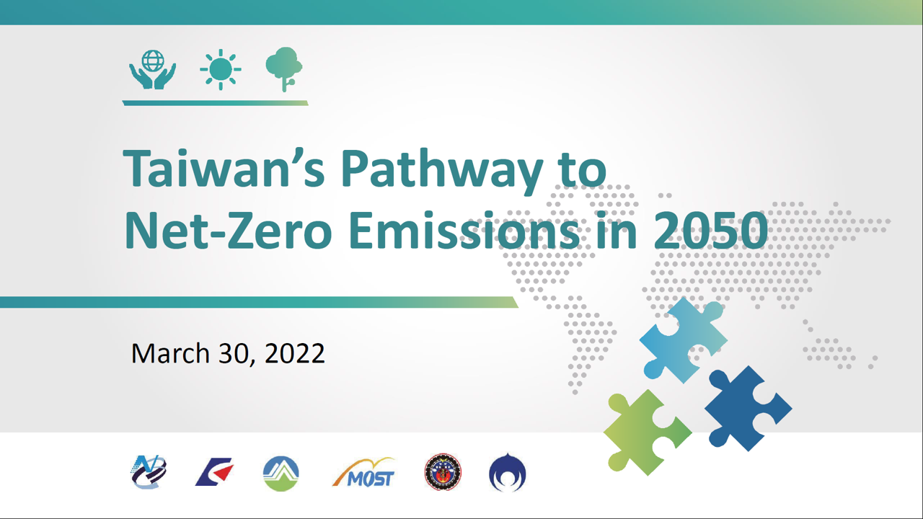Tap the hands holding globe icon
[152, 70]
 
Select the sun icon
[220, 70]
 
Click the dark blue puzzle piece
[746, 408]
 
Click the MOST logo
[364, 473]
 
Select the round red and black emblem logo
[443, 473]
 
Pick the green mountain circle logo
[281, 473]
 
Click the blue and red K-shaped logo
[214, 473]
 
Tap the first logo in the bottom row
[149, 473]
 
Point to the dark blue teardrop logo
[507, 473]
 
